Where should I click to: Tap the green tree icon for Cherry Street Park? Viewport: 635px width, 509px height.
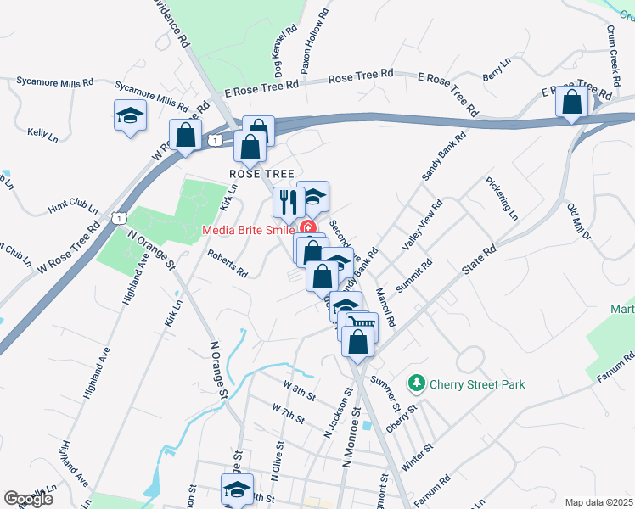(416, 384)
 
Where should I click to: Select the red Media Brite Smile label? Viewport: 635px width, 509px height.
(248, 230)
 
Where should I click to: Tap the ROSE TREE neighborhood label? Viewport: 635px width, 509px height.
(255, 173)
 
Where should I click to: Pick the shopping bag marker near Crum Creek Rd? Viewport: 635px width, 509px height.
(572, 102)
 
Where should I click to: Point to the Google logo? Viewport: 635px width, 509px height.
(28, 499)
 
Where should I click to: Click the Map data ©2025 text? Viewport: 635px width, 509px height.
(598, 502)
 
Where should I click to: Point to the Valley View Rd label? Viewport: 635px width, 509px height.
(423, 225)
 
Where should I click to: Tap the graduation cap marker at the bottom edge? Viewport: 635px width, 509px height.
(237, 489)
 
